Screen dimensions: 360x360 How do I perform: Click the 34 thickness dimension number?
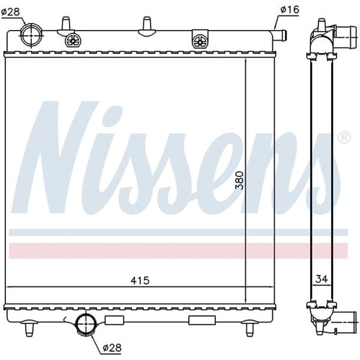coord(321,278)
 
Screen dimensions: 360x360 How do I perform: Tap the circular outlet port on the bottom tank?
coord(86,325)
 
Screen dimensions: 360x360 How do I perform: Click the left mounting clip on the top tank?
coord(73,40)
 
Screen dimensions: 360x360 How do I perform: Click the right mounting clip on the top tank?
coord(199,40)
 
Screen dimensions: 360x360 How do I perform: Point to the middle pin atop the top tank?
coord(145,24)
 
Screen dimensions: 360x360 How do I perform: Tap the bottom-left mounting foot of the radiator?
coord(28,328)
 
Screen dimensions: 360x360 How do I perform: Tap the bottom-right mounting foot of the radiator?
coord(249,328)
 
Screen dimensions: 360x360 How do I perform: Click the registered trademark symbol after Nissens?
coord(344,137)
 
